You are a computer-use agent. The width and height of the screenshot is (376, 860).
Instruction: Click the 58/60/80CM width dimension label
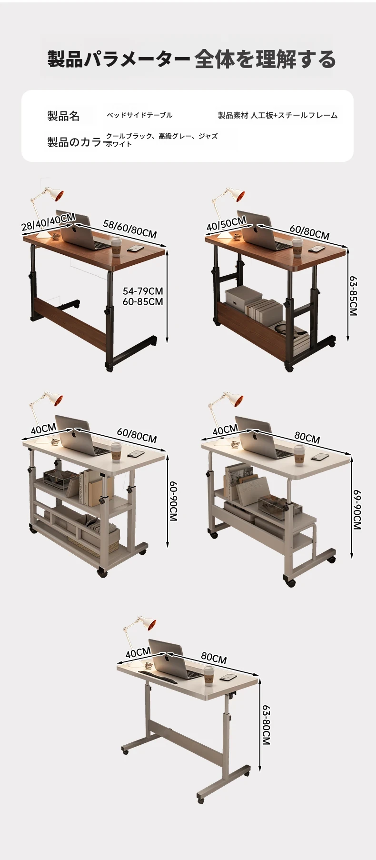(x=130, y=229)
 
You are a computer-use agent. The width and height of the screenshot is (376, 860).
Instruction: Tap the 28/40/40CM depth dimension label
(x=48, y=222)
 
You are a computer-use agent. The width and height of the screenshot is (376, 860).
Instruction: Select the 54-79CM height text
(x=143, y=291)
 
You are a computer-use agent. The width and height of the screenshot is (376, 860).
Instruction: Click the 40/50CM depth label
(x=226, y=223)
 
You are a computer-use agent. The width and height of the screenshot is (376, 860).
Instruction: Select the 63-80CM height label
(x=266, y=725)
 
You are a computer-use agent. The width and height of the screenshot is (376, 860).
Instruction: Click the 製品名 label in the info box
(x=63, y=116)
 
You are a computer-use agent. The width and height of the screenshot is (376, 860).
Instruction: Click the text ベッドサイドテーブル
(x=139, y=115)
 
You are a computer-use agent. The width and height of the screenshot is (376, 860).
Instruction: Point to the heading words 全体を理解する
(x=265, y=60)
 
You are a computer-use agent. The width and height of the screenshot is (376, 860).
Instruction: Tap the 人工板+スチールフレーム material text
(x=294, y=115)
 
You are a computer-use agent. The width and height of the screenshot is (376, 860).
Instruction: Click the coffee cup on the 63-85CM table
(x=297, y=247)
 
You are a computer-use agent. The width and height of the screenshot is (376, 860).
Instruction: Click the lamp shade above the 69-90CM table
(x=235, y=400)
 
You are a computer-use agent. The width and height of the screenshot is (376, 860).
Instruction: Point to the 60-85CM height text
(x=143, y=301)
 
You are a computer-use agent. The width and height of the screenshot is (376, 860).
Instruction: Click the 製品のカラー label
(x=76, y=142)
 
